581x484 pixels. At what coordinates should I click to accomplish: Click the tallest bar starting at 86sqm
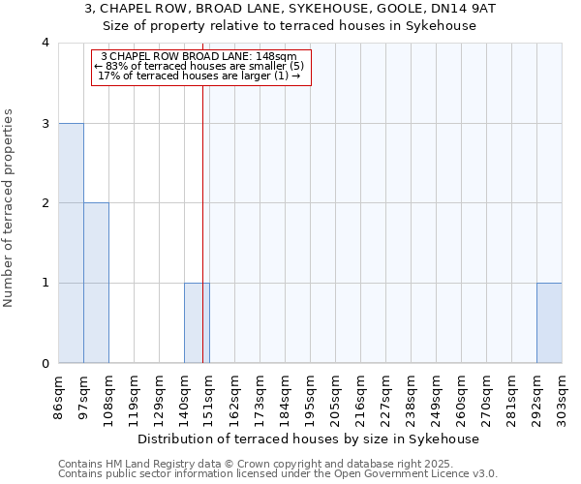(71, 243)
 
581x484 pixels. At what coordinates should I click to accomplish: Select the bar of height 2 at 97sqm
(96, 283)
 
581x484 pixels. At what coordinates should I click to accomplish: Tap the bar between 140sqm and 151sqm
(197, 322)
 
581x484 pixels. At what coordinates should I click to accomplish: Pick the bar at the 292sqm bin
(549, 322)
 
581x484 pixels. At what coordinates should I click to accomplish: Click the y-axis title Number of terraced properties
(10, 208)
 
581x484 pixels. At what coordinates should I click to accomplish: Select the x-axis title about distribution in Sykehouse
(309, 439)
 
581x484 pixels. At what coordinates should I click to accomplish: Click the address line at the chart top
(290, 9)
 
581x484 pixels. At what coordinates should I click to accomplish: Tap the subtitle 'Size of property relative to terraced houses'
(290, 26)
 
